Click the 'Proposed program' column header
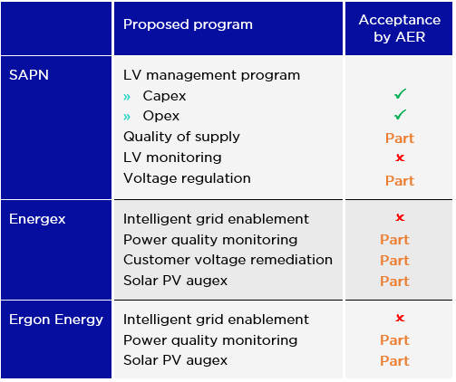point(188,25)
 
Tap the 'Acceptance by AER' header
point(400,28)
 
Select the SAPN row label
point(29,75)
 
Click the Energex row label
point(37,219)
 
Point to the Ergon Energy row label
point(56,320)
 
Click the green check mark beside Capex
point(400,94)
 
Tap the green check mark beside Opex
point(400,114)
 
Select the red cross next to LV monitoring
point(400,158)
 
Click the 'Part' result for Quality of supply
point(400,138)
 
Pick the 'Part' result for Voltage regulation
point(400,181)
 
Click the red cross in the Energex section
point(400,217)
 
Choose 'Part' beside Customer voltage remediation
point(394,261)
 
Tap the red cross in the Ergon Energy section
point(400,318)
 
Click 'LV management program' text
point(211,75)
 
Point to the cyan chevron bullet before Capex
point(127,97)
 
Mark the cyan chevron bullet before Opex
point(127,117)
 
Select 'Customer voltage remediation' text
point(228,260)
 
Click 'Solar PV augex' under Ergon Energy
point(175,360)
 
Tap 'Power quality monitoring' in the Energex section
point(210,241)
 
